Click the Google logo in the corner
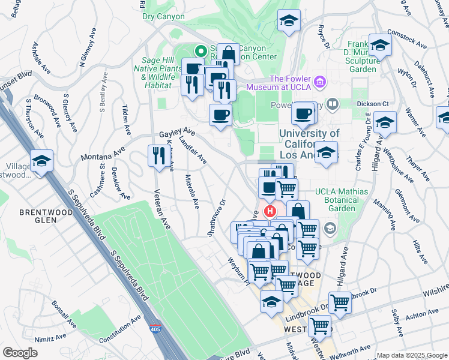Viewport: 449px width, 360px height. pyautogui.click(x=20, y=352)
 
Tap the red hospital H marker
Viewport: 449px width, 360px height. pyautogui.click(x=270, y=211)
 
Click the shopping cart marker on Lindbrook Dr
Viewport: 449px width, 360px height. pyautogui.click(x=339, y=302)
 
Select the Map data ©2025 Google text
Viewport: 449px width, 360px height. pyautogui.click(x=411, y=355)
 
